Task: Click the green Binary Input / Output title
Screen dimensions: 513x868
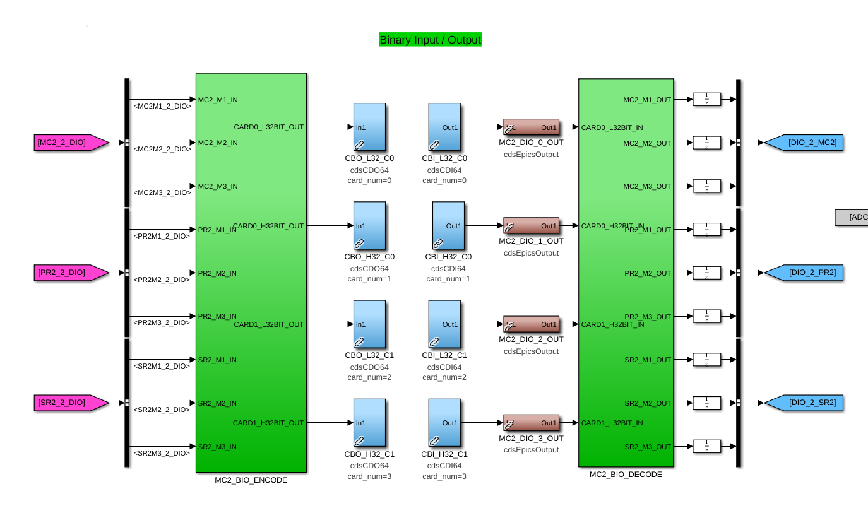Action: click(x=430, y=40)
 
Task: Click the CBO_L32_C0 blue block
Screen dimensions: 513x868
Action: click(x=369, y=127)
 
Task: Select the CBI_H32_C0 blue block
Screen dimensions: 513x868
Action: click(x=448, y=225)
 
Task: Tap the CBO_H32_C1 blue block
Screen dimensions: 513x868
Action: click(x=369, y=423)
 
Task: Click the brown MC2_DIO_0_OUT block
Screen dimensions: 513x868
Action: click(x=531, y=127)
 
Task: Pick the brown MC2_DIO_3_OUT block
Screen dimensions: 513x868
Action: click(x=531, y=423)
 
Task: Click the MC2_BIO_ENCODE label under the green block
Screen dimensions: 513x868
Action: click(x=251, y=480)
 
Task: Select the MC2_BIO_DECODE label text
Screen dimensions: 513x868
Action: click(x=626, y=475)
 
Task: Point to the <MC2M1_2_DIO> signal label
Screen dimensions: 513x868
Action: click(x=162, y=106)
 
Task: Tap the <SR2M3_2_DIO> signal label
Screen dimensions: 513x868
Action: click(x=162, y=453)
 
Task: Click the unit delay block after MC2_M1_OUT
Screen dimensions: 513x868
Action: click(x=706, y=100)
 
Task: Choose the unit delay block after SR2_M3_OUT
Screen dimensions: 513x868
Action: click(x=706, y=447)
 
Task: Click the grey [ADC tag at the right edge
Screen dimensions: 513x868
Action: click(x=853, y=217)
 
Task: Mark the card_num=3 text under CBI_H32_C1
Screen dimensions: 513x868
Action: click(x=444, y=476)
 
